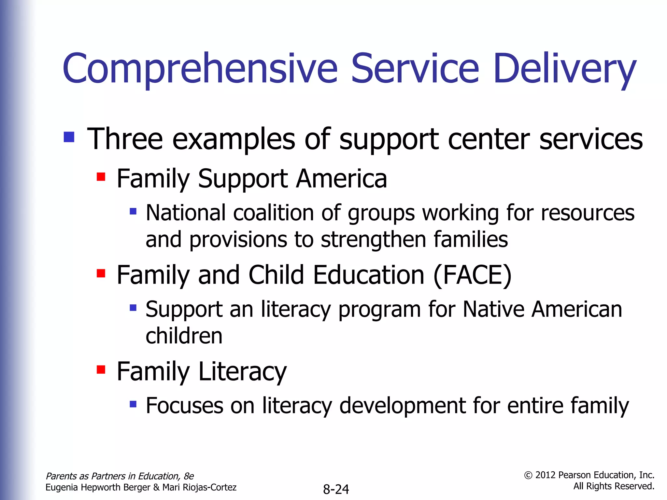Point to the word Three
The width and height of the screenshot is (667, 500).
pos(125,139)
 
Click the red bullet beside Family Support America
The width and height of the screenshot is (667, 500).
pos(101,177)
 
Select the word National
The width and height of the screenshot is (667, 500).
pos(186,213)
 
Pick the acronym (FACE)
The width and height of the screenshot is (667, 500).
pos(472,275)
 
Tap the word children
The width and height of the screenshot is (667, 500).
pos(184,336)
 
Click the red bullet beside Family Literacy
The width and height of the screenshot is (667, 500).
pos(101,369)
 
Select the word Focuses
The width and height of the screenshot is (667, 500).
pos(184,406)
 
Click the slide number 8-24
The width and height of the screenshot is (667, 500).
pos(336,489)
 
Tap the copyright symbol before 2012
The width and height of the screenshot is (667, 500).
pos(528,476)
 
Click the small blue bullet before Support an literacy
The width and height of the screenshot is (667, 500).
pos(133,308)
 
